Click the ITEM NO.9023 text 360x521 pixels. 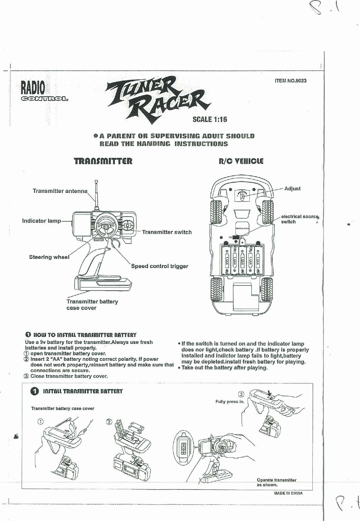tap(290, 81)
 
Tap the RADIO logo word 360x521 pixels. tap(33, 88)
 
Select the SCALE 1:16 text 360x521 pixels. tap(210, 119)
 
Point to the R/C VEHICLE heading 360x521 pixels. tap(241, 161)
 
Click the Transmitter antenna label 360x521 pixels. tap(60, 191)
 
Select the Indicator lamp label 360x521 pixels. tap(41, 221)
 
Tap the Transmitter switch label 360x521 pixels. tap(167, 232)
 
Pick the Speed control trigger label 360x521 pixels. tap(159, 266)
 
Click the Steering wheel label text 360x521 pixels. tap(49, 257)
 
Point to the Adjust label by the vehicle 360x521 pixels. tap(292, 188)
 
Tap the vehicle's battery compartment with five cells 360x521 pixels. tap(242, 260)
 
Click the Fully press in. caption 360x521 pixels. tap(230, 402)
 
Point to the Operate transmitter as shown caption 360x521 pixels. tap(277, 482)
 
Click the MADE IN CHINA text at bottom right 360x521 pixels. tap(288, 493)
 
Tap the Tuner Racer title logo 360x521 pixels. tap(158, 99)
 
